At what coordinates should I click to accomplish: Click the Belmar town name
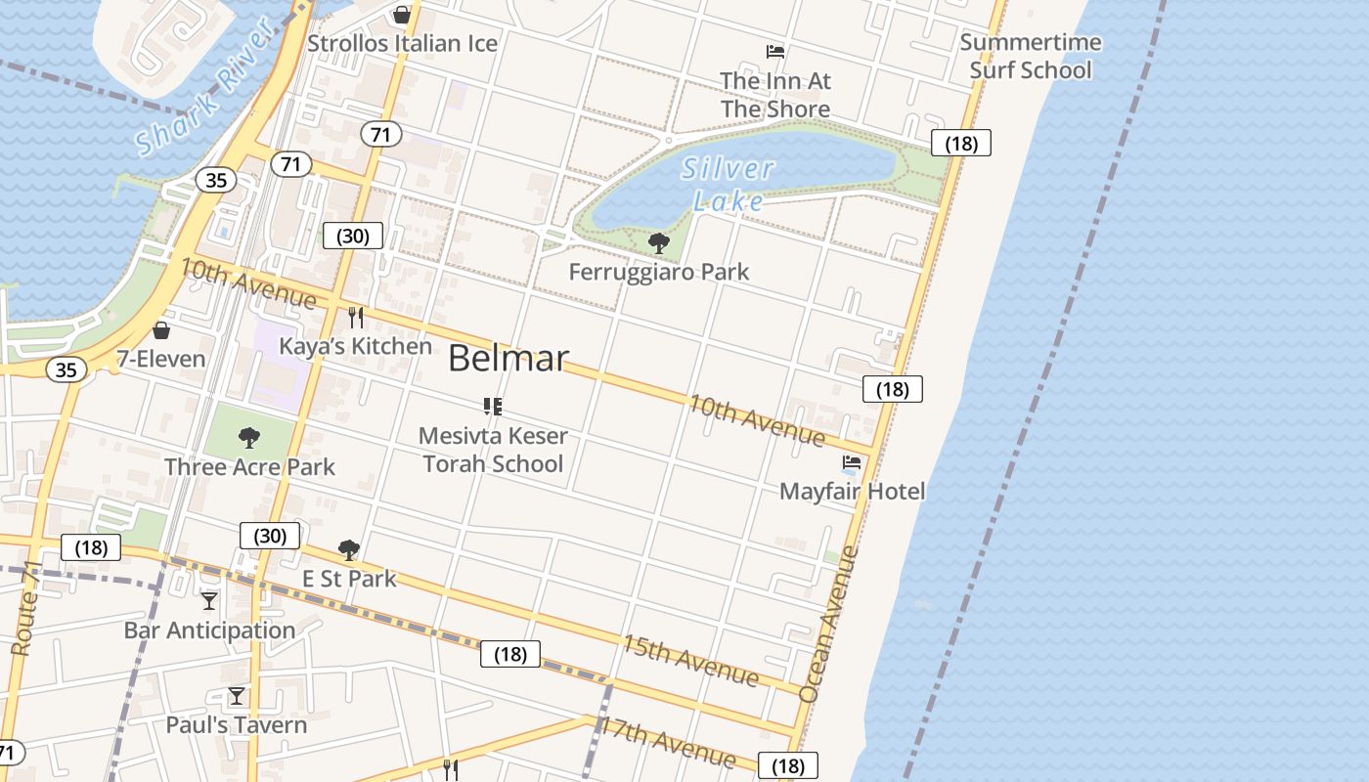pos(508,359)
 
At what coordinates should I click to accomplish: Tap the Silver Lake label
pos(729,185)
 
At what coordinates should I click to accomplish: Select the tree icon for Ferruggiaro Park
pos(659,242)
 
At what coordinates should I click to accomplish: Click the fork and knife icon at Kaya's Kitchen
pos(356,318)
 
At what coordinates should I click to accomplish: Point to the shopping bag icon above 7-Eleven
pos(161,330)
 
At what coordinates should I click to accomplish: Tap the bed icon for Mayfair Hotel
pos(852,462)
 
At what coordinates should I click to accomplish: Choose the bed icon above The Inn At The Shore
pos(775,52)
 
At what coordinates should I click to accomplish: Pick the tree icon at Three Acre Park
pos(249,437)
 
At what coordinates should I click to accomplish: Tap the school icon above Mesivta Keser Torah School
pos(493,406)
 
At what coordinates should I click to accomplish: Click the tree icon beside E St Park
pos(348,550)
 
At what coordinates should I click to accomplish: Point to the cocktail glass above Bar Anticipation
pos(209,600)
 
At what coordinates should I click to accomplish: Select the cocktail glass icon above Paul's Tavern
pos(237,696)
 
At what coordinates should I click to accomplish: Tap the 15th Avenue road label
pos(690,660)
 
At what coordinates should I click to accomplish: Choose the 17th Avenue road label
pos(667,742)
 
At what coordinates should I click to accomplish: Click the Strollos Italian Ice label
pos(402,44)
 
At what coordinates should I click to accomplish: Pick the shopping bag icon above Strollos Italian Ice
pos(401,15)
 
